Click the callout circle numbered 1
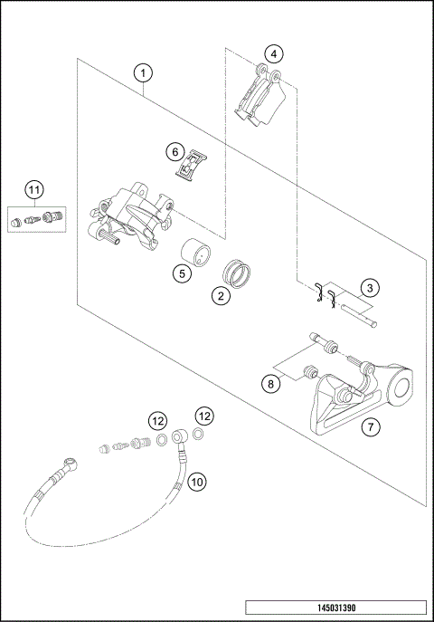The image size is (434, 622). pyautogui.click(x=144, y=71)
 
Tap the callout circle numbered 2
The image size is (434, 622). pyautogui.click(x=219, y=294)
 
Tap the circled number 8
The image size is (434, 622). pyautogui.click(x=269, y=384)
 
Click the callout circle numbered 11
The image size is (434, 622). pyautogui.click(x=33, y=189)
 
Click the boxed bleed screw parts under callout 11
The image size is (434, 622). pyautogui.click(x=33, y=219)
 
